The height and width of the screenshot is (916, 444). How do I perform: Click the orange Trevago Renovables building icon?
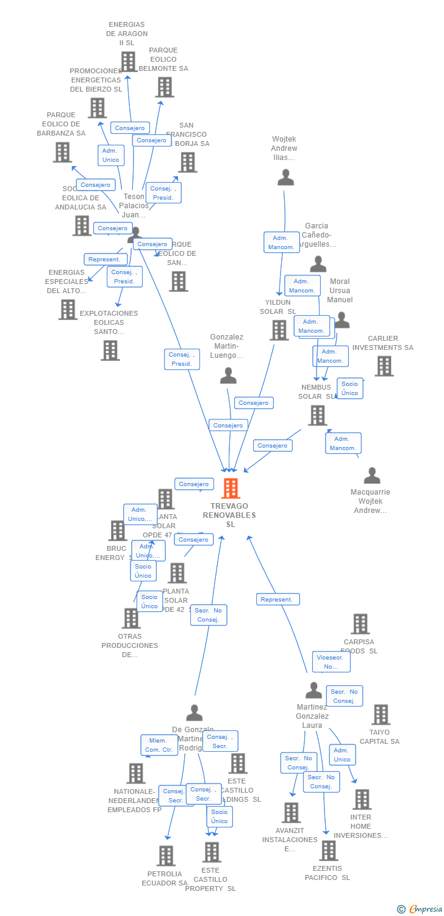tap(231, 489)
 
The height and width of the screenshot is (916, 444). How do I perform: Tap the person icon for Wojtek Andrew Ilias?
tap(285, 178)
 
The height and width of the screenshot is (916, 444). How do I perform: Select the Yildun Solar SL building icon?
tap(279, 330)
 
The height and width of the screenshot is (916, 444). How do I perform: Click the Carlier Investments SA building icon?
tap(384, 366)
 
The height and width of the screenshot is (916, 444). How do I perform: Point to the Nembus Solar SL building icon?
tap(317, 415)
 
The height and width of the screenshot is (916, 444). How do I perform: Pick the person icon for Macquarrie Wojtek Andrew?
tap(371, 476)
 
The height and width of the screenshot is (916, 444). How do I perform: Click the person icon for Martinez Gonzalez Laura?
tap(313, 691)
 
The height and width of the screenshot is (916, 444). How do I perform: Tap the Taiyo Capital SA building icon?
tap(381, 714)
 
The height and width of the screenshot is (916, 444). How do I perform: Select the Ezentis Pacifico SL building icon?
tap(328, 850)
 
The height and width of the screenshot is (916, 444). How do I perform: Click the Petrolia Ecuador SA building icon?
tap(166, 856)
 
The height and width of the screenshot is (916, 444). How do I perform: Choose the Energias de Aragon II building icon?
tap(128, 62)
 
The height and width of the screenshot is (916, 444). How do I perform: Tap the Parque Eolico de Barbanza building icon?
tap(62, 152)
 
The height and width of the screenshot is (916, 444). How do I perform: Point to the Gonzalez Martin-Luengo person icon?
tap(228, 376)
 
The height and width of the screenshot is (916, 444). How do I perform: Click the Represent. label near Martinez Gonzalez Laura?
tap(277, 599)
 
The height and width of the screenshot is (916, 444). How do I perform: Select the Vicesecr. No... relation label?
tap(331, 662)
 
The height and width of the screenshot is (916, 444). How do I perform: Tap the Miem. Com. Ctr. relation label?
tap(159, 745)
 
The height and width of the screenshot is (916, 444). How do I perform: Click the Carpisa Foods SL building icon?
tap(360, 624)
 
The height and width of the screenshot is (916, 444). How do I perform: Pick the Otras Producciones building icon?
tap(131, 618)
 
